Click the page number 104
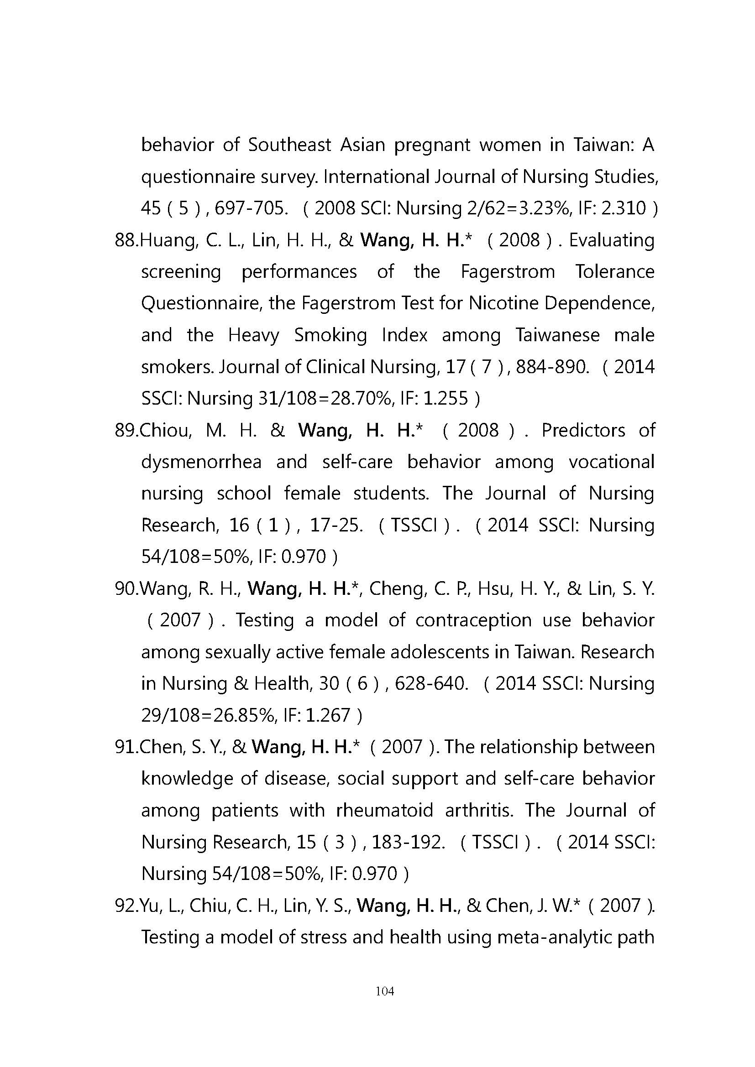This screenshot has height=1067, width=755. (384, 992)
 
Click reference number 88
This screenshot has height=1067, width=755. (126, 240)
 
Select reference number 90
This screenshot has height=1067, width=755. (126, 589)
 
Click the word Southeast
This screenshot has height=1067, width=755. (289, 145)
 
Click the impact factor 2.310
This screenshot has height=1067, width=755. (624, 208)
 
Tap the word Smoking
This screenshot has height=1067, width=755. (330, 335)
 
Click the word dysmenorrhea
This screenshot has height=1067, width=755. (201, 462)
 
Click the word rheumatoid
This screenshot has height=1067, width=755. (383, 810)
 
